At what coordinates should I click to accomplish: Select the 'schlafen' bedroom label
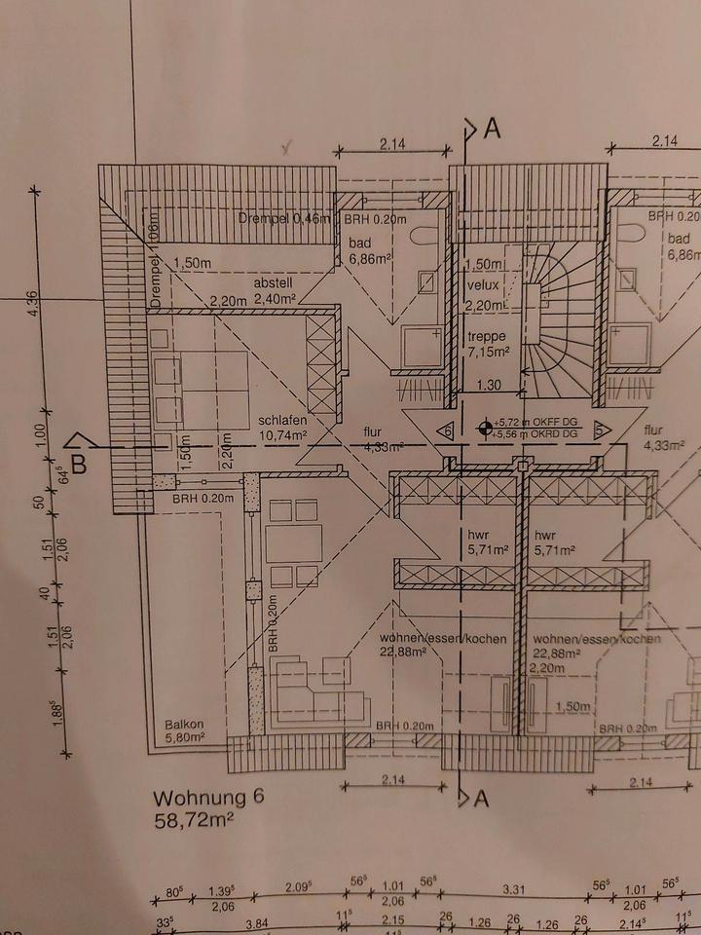[x=282, y=422]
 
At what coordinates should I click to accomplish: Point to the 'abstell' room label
[x=274, y=282]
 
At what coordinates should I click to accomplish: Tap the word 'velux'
[x=482, y=285]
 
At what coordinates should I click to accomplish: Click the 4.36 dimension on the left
[x=35, y=304]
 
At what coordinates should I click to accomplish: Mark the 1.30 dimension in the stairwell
[x=489, y=386]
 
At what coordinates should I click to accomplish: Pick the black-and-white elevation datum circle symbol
[x=484, y=427]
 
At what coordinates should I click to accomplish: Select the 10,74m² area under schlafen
[x=282, y=435]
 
